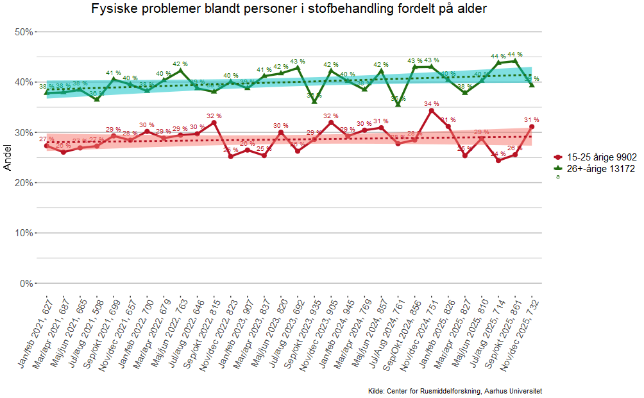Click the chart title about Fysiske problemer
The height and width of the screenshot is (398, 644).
click(289, 9)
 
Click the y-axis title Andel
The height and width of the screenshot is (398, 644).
click(8, 157)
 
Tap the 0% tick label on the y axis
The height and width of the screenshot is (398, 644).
click(25, 283)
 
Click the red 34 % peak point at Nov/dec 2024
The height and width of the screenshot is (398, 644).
click(432, 110)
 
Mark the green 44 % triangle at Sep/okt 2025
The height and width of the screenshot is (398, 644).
click(515, 61)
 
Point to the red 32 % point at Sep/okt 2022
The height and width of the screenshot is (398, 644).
click(214, 123)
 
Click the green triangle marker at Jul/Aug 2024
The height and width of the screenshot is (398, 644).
click(398, 105)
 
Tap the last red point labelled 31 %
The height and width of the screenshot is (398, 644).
click(532, 126)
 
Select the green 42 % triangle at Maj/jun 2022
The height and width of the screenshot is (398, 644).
click(180, 71)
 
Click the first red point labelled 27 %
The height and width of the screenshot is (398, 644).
click(47, 146)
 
